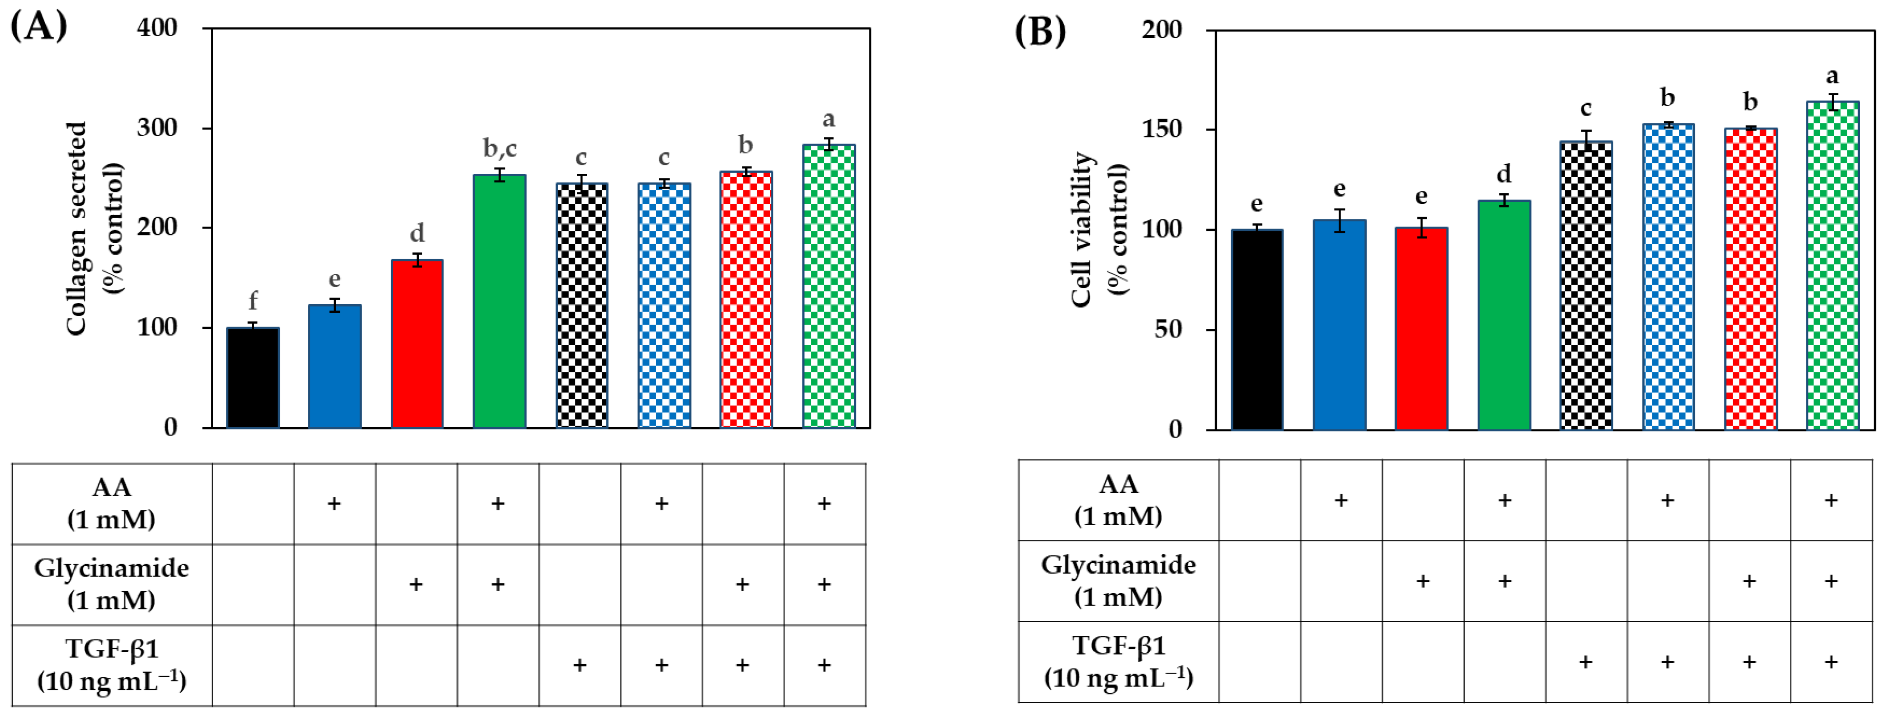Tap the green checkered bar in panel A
829,286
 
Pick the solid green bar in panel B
1504,315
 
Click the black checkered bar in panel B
1586,286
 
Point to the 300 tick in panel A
158,128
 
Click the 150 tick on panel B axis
1162,129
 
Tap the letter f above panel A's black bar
252,300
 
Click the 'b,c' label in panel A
499,149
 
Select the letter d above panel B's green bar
1504,174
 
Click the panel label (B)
1040,31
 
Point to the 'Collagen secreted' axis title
77,229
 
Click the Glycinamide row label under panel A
111,584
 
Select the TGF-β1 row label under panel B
1118,661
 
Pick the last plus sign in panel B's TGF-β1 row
1831,662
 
